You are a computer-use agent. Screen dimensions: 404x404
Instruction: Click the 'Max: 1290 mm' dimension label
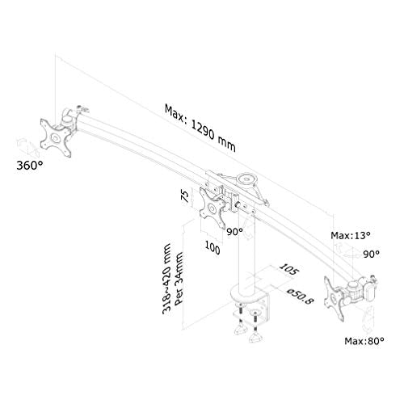click(x=200, y=128)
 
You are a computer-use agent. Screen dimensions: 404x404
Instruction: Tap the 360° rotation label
click(x=30, y=166)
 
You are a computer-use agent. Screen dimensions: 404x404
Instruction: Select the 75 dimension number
click(x=185, y=196)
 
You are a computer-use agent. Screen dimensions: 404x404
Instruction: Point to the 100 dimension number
click(x=213, y=247)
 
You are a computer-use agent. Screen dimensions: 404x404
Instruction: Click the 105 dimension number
click(x=289, y=269)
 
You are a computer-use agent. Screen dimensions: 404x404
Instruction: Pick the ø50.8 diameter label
click(x=301, y=297)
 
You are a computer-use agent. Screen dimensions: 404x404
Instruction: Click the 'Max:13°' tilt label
click(x=351, y=235)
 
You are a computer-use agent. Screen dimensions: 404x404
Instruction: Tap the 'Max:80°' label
click(x=364, y=341)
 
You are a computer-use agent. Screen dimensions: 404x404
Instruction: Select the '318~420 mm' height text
click(x=167, y=279)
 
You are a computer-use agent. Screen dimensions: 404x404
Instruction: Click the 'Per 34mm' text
click(x=179, y=279)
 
